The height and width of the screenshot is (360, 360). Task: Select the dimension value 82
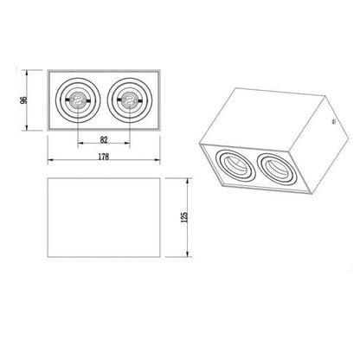coord(104,139)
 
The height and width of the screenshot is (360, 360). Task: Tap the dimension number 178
coord(104,157)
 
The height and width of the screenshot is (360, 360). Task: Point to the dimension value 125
coord(184,217)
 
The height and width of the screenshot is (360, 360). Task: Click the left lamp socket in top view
coord(78,100)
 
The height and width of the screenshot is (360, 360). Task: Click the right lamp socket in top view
coord(129,100)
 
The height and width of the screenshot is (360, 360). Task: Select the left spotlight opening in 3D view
coord(235,166)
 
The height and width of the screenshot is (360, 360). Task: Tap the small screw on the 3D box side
coord(334,121)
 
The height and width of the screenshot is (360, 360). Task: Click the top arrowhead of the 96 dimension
coord(27,73)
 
